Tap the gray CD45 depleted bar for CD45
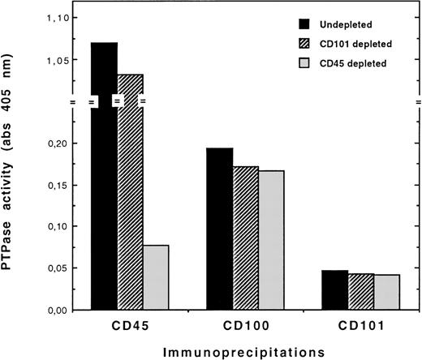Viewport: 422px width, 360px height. (155, 276)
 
